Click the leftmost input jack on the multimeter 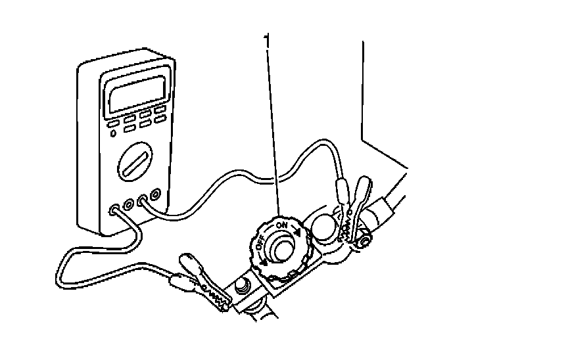[115, 210]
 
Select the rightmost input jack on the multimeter [155, 195]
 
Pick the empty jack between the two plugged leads [128, 205]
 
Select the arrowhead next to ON [299, 232]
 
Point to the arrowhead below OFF [264, 261]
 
